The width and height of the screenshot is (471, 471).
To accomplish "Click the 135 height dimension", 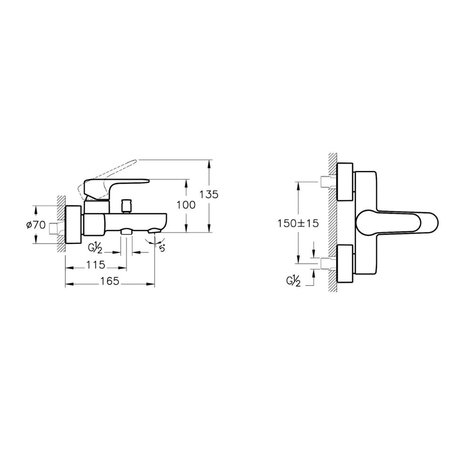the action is [209, 195].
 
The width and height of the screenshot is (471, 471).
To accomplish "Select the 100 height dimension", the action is [186, 205].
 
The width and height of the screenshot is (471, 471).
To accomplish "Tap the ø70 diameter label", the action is [36, 224].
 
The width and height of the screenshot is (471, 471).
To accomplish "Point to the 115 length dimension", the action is [96, 265].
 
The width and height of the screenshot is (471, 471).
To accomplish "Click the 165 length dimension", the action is [110, 281].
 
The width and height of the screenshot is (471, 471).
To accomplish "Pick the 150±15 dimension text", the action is [298, 223].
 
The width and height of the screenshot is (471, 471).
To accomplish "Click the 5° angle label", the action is [162, 248].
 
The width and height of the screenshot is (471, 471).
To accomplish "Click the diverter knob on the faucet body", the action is [126, 206].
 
